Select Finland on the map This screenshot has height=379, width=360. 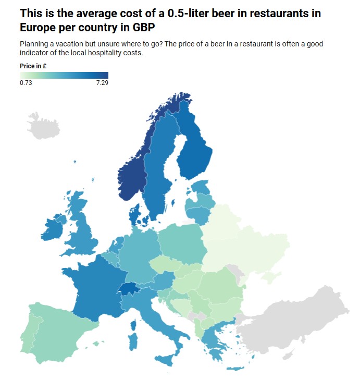[x=197, y=151]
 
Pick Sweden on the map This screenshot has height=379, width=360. [x=159, y=172]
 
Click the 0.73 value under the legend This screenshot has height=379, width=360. [x=26, y=83]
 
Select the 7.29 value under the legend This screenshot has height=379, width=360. [x=102, y=83]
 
